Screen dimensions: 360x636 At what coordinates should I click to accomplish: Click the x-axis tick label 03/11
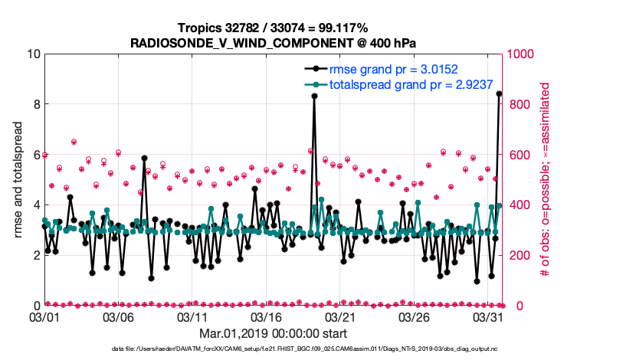[192, 316]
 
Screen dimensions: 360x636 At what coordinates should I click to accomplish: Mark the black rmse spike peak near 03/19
[314, 96]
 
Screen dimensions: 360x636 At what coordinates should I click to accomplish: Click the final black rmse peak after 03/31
[500, 94]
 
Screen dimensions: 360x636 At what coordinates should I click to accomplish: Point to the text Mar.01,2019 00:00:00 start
[273, 334]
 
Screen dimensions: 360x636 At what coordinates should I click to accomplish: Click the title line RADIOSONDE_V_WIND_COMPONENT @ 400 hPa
[273, 41]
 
